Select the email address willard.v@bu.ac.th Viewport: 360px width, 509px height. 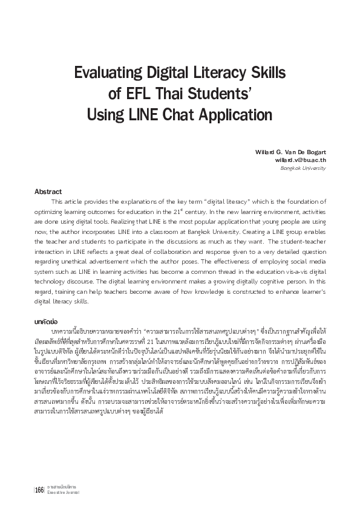pyautogui.click(x=301, y=160)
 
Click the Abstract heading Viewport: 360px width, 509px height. pyautogui.click(x=48, y=191)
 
